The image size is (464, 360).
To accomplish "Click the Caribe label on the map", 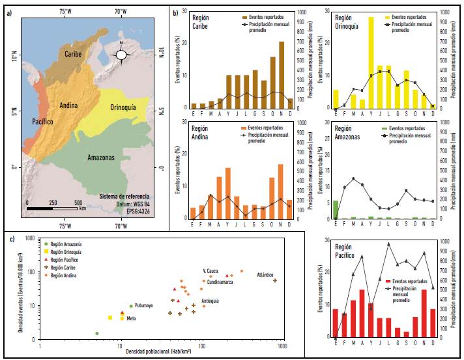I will click(x=73, y=54).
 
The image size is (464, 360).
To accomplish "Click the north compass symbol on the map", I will click(x=121, y=55).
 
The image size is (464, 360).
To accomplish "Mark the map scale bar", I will click(x=53, y=208).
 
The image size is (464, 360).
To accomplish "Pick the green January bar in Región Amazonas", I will click(x=336, y=210).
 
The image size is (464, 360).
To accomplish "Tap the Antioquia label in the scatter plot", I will click(x=210, y=301).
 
